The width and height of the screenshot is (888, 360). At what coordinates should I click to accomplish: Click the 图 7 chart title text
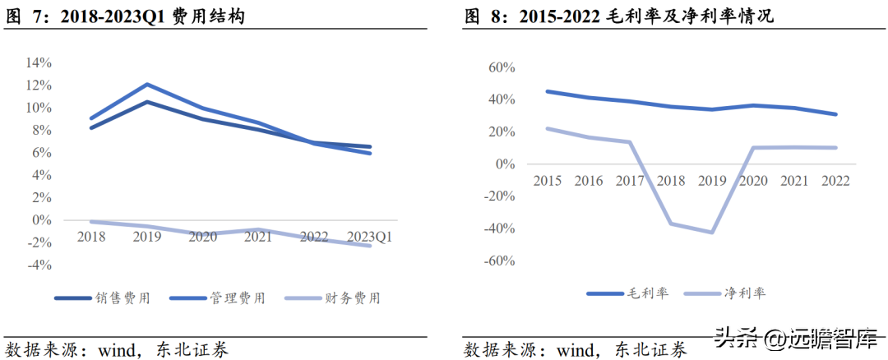(x=125, y=17)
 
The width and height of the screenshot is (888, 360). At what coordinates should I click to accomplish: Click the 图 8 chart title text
(x=618, y=17)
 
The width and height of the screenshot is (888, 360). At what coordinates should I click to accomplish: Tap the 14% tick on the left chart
(x=38, y=62)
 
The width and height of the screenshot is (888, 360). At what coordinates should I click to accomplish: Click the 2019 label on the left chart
(x=146, y=237)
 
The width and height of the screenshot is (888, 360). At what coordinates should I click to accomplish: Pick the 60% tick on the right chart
(x=502, y=67)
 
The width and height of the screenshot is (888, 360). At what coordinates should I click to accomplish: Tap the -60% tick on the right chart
(x=499, y=261)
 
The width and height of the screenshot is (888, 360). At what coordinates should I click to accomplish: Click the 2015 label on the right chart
(x=548, y=181)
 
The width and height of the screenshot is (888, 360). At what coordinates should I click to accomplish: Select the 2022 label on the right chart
(x=835, y=181)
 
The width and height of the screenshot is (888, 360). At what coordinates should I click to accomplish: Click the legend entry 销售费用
(x=103, y=298)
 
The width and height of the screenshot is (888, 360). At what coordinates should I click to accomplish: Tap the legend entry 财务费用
(x=332, y=298)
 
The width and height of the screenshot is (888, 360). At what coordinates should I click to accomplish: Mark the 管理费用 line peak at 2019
(x=147, y=85)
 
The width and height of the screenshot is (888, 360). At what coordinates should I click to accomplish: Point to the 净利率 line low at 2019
(x=712, y=232)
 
